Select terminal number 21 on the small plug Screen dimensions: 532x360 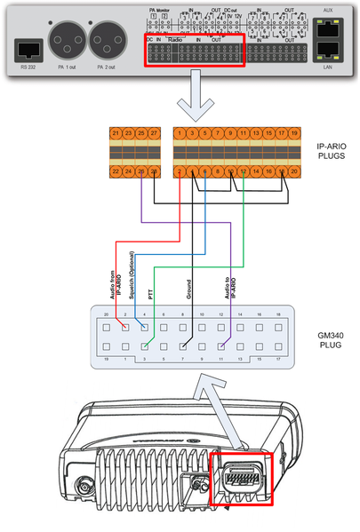coord(116,133)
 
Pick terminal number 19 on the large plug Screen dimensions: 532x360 coord(282,133)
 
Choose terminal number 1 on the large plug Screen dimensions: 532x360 coord(180,133)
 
